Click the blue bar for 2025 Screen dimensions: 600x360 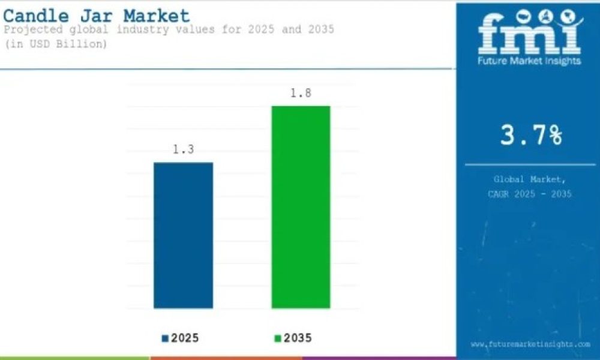tap(183, 235)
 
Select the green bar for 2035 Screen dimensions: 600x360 tap(301, 207)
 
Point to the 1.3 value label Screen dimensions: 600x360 tap(183, 149)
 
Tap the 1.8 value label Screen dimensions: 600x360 tap(301, 93)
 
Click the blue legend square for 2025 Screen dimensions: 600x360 tap(166, 338)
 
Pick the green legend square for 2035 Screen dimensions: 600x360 tap(278, 338)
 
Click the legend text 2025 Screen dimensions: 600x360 tap(185, 338)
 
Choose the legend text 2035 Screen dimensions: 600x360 tap(298, 338)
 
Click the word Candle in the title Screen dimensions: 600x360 tap(37, 16)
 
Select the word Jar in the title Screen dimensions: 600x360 tap(97, 16)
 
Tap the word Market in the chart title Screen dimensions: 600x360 tap(157, 16)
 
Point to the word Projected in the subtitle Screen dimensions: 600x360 tap(33, 30)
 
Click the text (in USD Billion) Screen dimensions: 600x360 tap(56, 44)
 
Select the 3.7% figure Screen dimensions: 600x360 tap(531, 135)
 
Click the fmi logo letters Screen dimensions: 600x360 tap(530, 32)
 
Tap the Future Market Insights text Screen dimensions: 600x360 tap(529, 61)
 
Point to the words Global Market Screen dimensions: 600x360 tap(530, 179)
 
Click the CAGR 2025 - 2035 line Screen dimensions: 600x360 tap(530, 194)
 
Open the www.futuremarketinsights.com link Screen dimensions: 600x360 tap(530, 344)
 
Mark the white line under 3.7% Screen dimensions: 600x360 tap(530, 165)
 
